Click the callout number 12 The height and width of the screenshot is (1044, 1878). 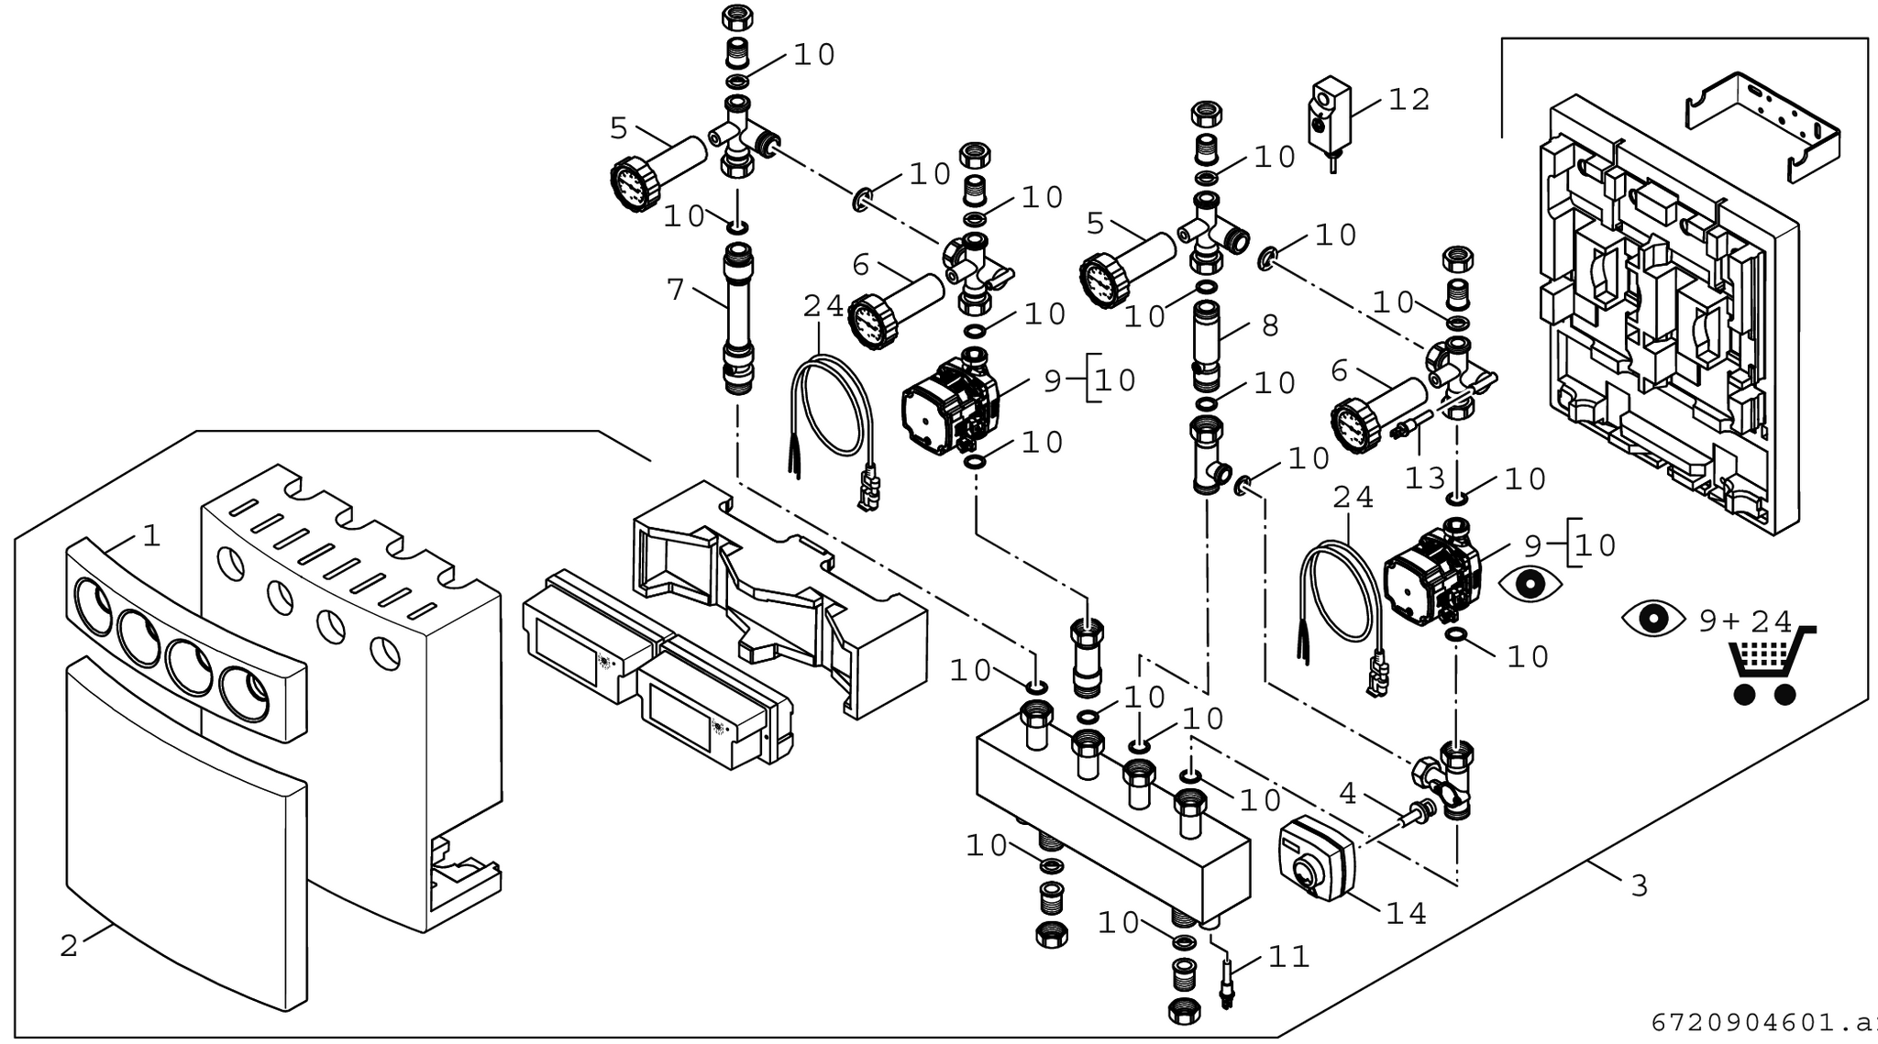pos(1409,100)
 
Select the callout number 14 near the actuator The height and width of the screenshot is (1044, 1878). pos(1406,913)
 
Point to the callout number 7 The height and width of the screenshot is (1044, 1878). pos(676,291)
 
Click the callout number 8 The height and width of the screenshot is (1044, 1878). pos(1270,325)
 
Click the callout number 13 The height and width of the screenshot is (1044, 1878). pos(1425,478)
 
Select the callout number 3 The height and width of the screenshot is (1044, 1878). pos(1640,885)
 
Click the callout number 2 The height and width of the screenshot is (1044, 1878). pos(70,946)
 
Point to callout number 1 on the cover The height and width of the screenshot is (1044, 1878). pos(151,536)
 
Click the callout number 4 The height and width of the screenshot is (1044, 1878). pos(1347,793)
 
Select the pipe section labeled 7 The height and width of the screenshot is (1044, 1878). pos(737,316)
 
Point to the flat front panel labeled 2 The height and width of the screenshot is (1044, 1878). pos(183,825)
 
